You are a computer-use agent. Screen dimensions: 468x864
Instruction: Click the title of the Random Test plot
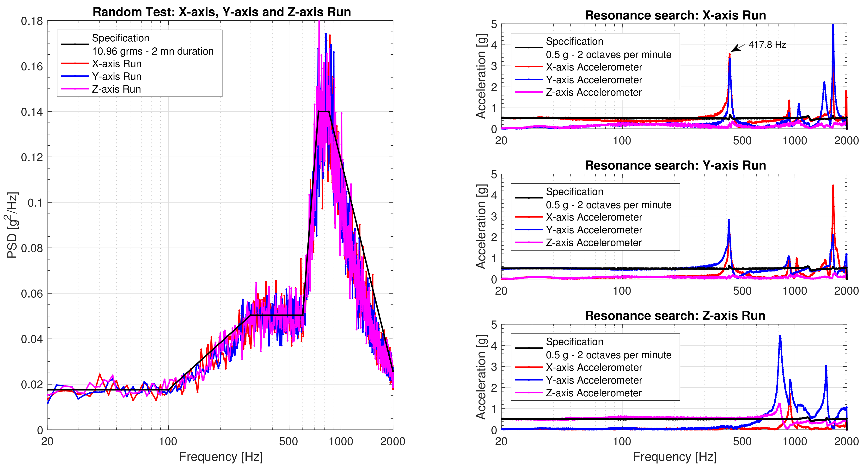222,12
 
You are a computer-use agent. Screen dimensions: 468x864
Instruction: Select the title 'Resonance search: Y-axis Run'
675,165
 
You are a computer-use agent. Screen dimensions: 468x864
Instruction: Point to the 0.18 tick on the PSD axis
32,21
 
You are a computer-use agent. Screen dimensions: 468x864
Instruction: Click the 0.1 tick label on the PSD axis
35,203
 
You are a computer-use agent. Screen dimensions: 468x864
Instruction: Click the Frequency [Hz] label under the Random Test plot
221,457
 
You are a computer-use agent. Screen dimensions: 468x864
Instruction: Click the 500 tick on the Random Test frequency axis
288,442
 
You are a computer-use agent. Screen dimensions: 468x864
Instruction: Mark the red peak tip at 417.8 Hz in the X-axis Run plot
729,54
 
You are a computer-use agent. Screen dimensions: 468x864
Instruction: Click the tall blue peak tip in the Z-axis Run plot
780,336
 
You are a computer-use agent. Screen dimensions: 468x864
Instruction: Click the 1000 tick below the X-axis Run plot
795,141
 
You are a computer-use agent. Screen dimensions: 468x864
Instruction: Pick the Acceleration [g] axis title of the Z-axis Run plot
481,377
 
